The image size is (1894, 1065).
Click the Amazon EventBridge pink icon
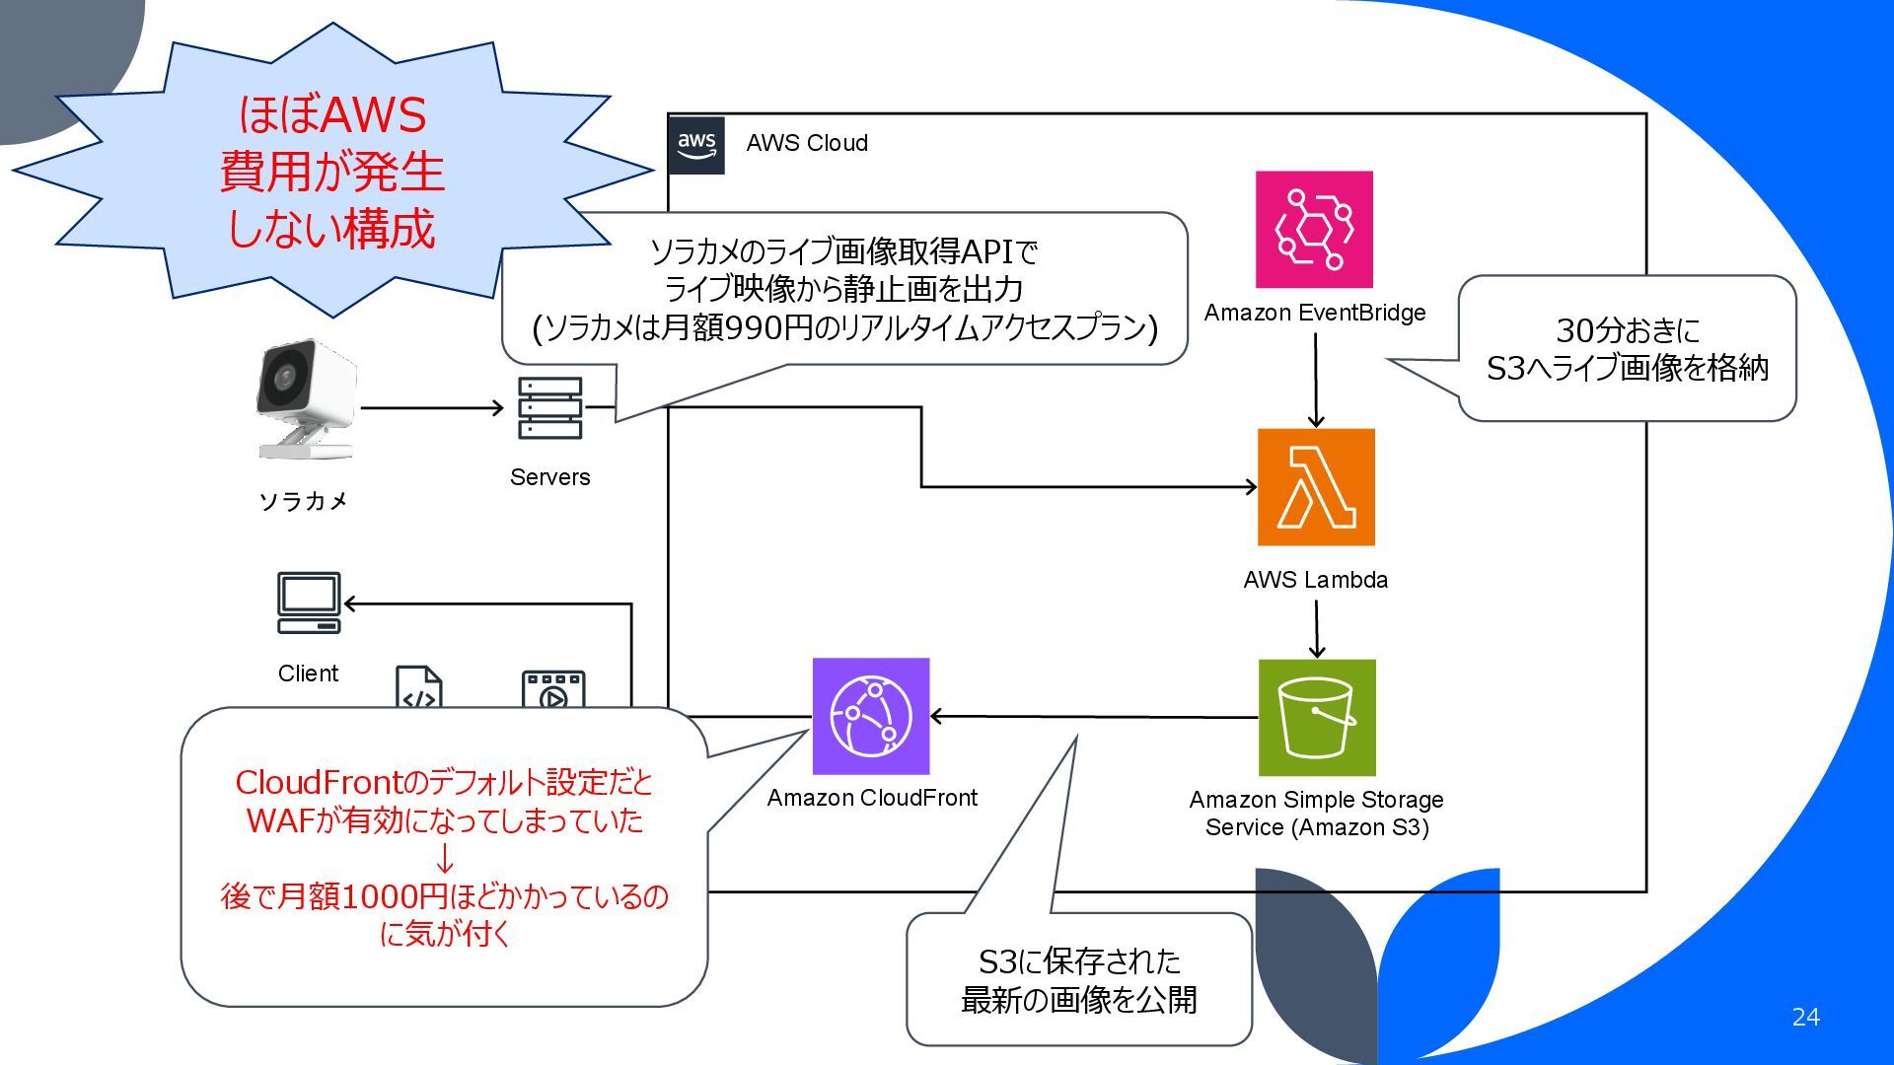(1314, 229)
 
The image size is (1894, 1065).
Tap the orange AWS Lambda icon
(1316, 487)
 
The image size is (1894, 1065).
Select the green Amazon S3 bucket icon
(1317, 718)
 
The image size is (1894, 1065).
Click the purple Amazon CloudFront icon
(871, 716)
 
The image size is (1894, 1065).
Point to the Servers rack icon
(549, 407)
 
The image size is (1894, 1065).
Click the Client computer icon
(309, 603)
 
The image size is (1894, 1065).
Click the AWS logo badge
(696, 144)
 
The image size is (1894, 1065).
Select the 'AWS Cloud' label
(807, 143)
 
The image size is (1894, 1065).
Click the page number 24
(1805, 1017)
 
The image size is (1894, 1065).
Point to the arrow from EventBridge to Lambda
(1315, 380)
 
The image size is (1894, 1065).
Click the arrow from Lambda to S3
(1316, 628)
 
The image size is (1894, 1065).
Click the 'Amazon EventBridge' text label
(1315, 313)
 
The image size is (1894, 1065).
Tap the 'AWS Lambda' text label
(1315, 580)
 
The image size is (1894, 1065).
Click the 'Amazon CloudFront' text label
(872, 798)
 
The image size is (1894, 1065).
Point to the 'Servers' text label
(549, 477)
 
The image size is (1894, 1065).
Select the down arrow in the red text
(445, 858)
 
